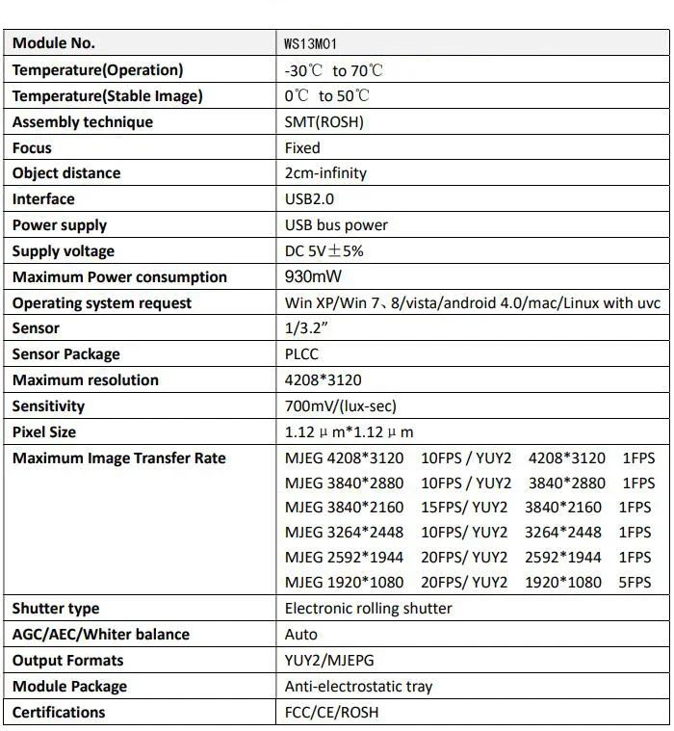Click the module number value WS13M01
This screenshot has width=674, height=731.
[310, 44]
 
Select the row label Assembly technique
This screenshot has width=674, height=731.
[83, 122]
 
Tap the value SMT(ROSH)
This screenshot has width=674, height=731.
[324, 122]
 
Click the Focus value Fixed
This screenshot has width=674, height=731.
[302, 148]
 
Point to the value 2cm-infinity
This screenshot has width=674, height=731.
[325, 173]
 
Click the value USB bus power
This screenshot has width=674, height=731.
[336, 225]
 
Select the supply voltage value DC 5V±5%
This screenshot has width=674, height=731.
[324, 251]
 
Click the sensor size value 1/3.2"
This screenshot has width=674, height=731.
[307, 328]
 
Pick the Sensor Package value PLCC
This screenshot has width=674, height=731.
[301, 354]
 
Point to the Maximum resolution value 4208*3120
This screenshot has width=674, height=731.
[324, 380]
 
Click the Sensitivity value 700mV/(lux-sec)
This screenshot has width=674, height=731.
[341, 406]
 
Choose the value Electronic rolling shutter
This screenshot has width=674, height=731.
[368, 609]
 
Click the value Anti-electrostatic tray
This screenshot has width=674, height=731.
[358, 687]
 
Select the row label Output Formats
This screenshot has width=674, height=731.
[68, 661]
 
